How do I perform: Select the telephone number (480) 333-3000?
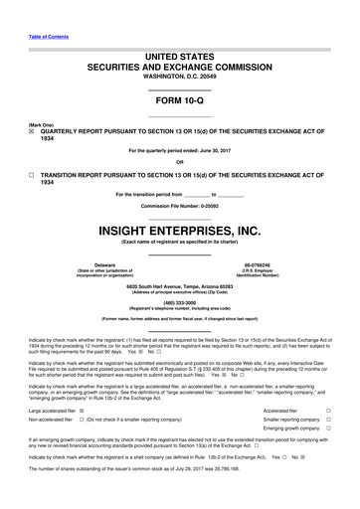click(179, 305)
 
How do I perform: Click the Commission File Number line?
click(179, 205)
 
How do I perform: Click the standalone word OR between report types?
click(179, 162)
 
